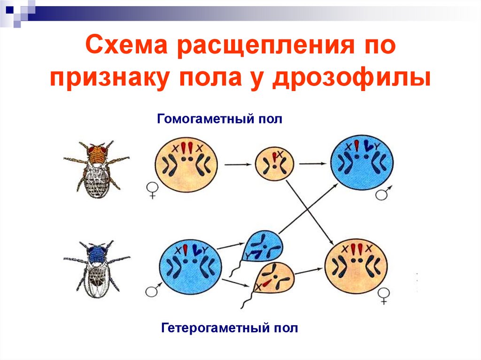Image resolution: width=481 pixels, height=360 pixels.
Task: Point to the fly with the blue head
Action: (x=97, y=266)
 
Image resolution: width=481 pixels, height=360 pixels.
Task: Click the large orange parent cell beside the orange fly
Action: (x=186, y=164)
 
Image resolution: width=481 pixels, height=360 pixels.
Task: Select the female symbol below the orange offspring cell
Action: (x=384, y=296)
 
